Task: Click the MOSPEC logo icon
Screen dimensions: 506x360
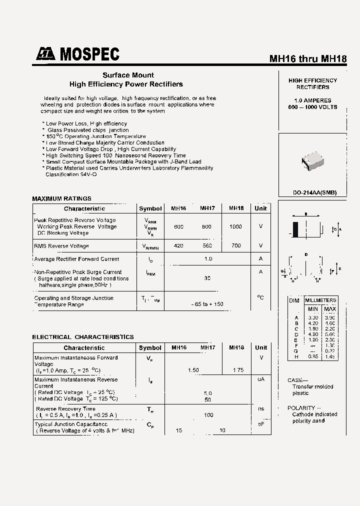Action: tap(45, 54)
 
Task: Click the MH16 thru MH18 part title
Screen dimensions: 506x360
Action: tap(308, 58)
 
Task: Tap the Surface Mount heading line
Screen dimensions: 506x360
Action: tap(128, 75)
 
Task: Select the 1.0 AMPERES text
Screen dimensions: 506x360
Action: tap(312, 100)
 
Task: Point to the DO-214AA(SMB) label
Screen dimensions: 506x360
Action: tap(314, 192)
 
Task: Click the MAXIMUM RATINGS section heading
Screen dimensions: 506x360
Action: tap(61, 198)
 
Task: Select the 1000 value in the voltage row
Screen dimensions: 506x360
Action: tap(235, 226)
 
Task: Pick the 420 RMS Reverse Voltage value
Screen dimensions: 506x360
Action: tap(178, 245)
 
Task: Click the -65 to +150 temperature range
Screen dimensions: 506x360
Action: tap(207, 304)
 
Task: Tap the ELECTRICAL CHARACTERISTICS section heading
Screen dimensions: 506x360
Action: tap(83, 337)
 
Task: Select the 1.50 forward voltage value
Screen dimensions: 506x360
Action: tap(193, 370)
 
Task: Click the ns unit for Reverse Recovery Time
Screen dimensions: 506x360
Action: tap(260, 408)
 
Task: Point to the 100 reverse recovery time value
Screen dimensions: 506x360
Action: tap(208, 414)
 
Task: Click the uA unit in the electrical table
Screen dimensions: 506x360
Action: tap(260, 379)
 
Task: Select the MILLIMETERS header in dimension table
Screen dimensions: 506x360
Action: tap(320, 300)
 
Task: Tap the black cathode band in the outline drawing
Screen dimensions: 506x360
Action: tap(296, 230)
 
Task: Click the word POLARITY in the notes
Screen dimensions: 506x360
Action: tap(301, 408)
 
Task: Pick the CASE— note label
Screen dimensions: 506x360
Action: tap(298, 380)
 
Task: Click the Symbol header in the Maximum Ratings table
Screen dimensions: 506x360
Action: tap(150, 208)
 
